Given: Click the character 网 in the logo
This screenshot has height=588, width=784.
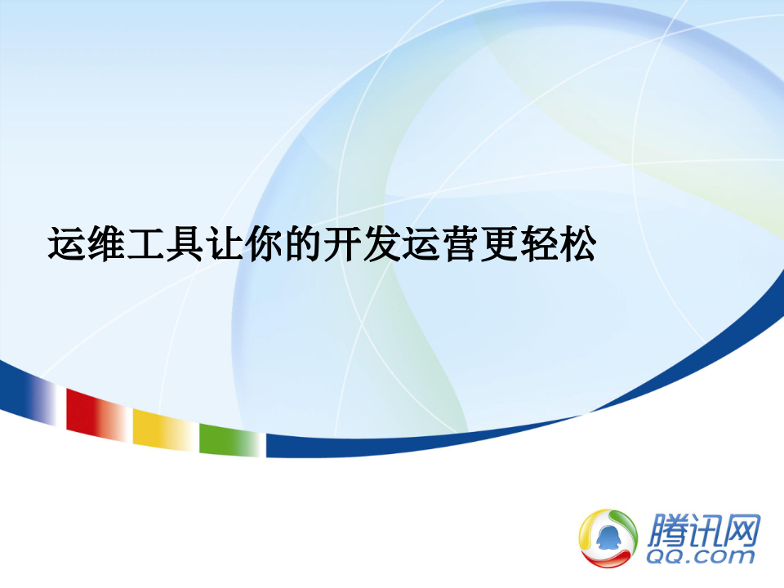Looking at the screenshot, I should click(743, 529).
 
